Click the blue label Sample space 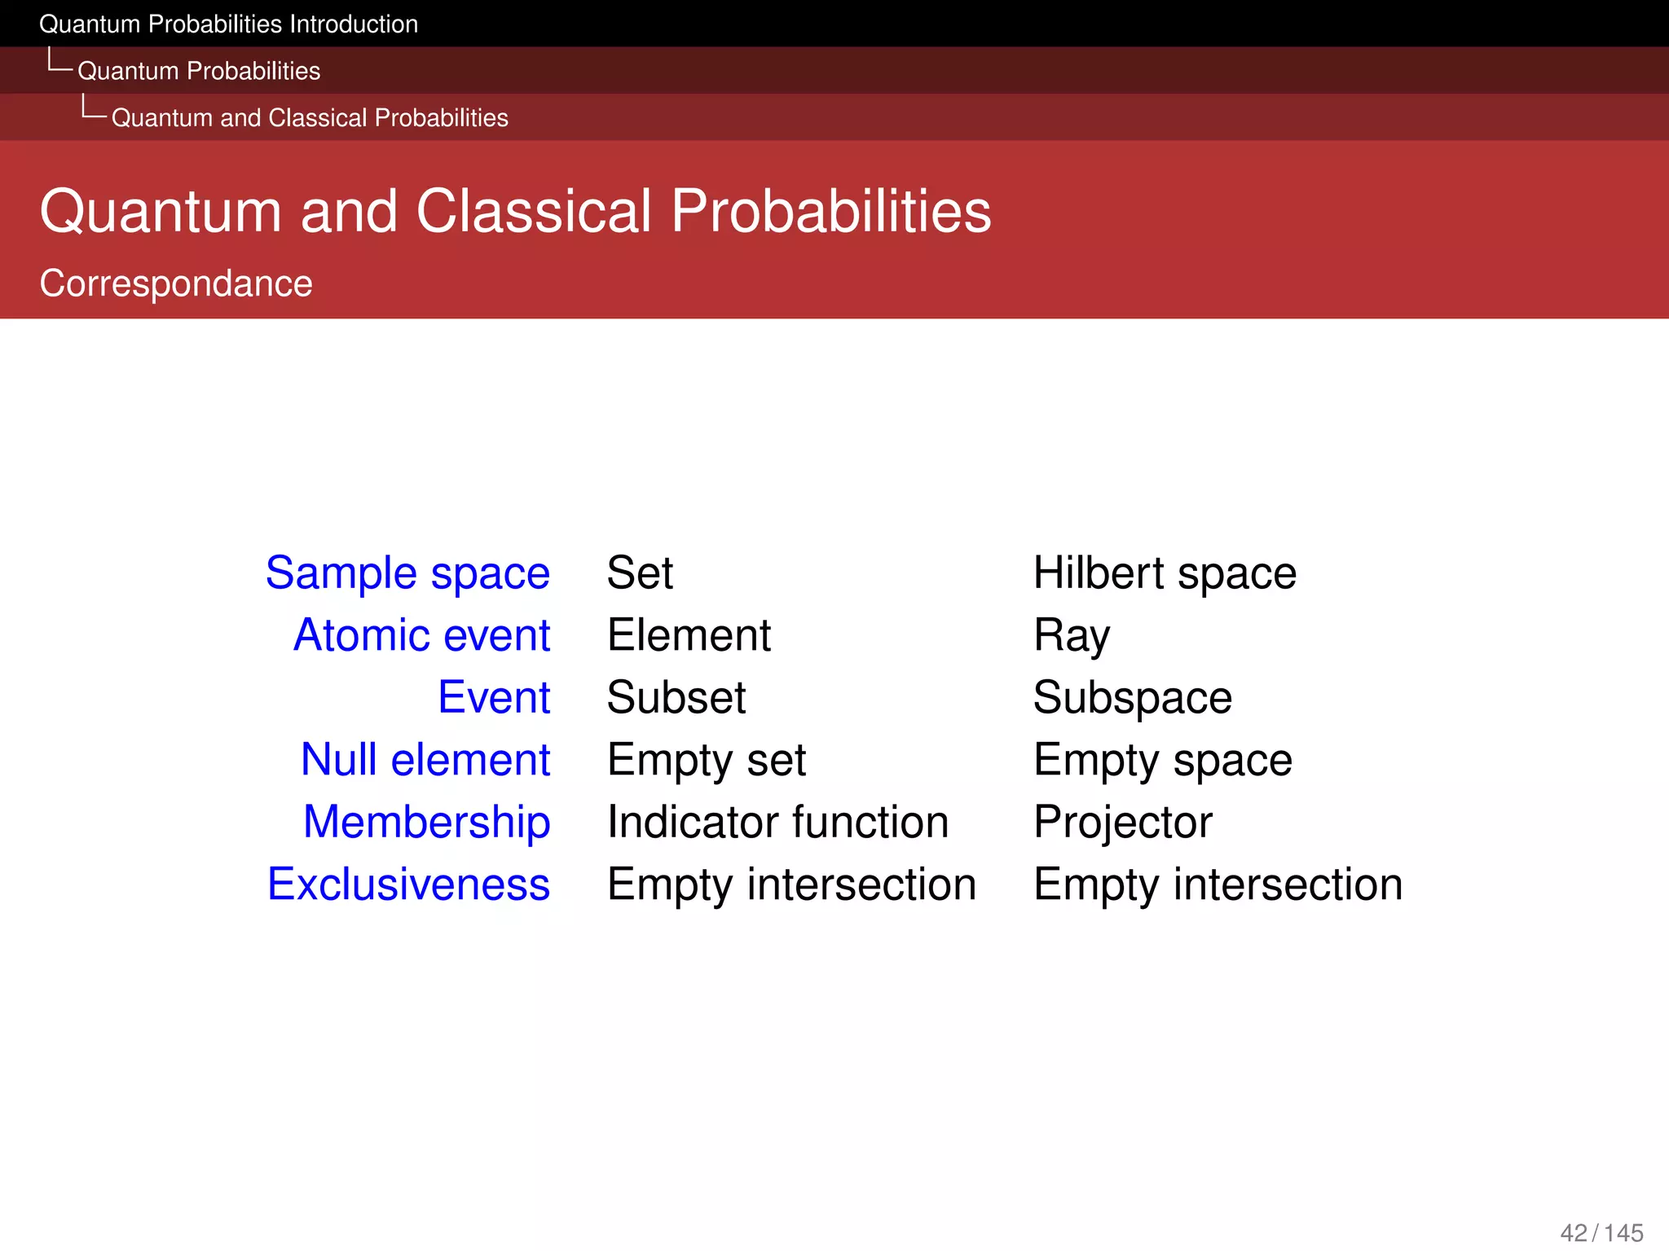pos(407,573)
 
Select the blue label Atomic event pos(421,635)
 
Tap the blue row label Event pos(494,698)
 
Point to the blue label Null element pos(425,760)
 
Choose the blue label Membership pos(426,822)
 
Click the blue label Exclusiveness pos(408,884)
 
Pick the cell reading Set pos(640,573)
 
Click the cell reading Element pos(689,635)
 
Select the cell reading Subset pos(676,698)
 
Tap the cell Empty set pos(707,761)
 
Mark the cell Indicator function pos(778,822)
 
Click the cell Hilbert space pos(1165,573)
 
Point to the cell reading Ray pos(1072,636)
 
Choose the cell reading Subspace pos(1133,698)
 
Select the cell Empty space pos(1163,761)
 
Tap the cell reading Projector pos(1123,823)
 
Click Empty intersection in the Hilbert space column pos(1218,884)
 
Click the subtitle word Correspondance pos(176,283)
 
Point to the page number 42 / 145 pos(1601,1232)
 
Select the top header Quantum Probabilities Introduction pos(228,24)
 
